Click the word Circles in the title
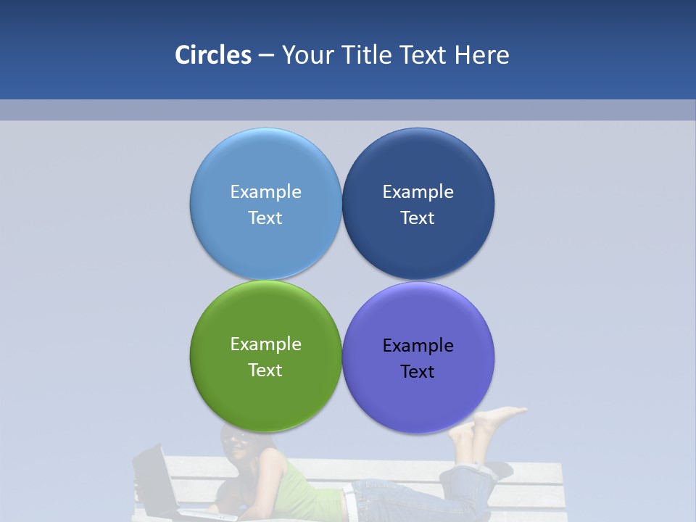point(212,55)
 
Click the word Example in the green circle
point(265,344)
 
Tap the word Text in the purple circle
point(418,372)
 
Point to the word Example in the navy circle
point(418,192)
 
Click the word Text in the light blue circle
point(265,218)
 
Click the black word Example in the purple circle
point(418,346)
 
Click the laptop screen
point(152,478)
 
